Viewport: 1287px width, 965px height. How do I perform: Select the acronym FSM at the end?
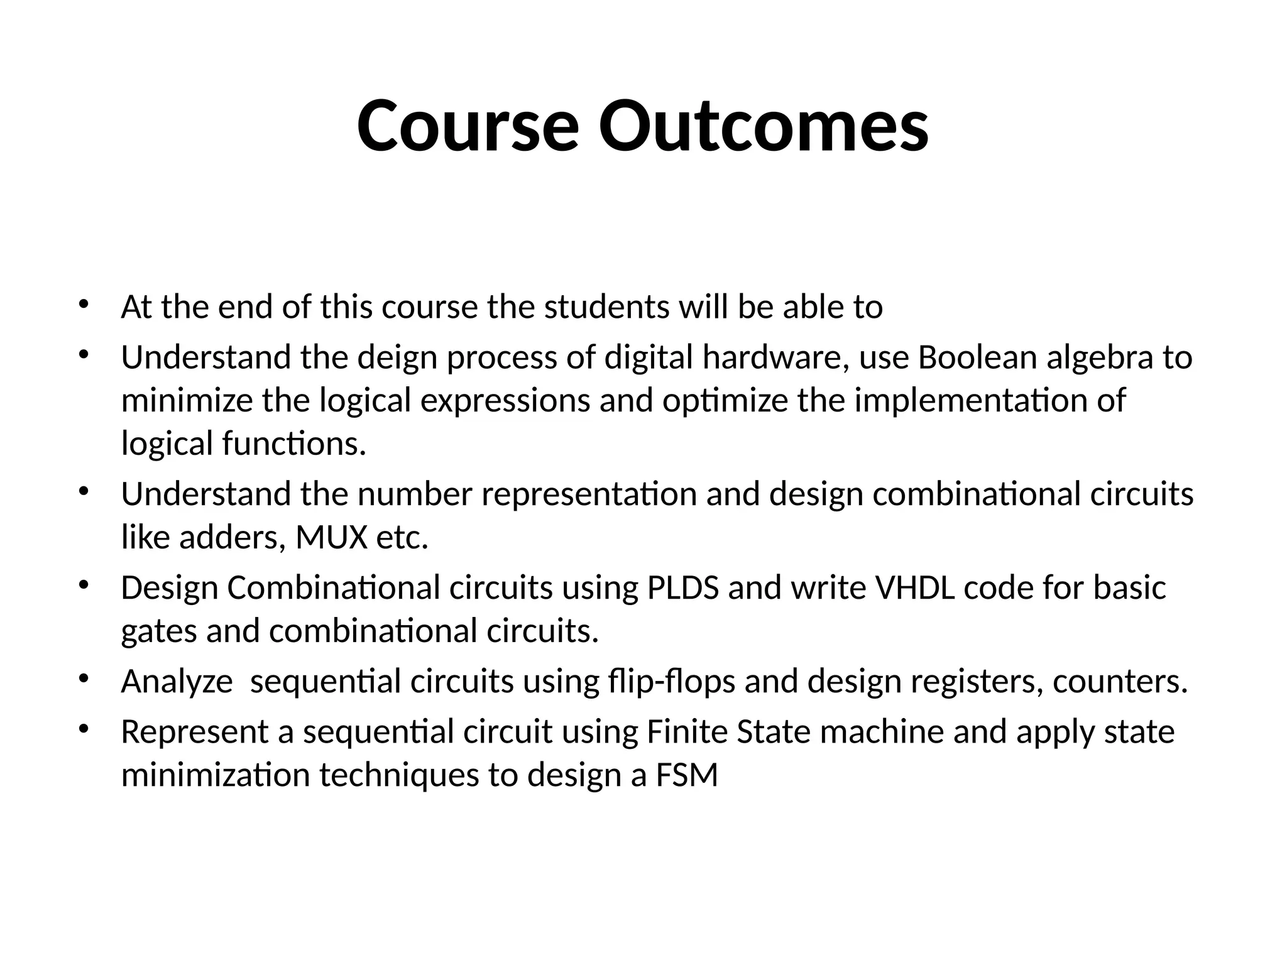687,775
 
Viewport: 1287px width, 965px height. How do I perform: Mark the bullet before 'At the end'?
83,305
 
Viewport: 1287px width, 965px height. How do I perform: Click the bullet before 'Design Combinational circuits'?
83,586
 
